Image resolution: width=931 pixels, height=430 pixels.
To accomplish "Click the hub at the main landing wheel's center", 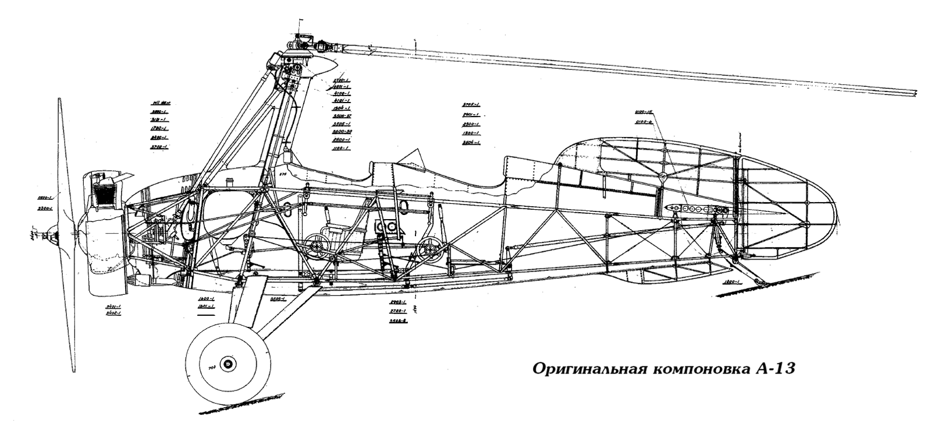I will [x=228, y=364].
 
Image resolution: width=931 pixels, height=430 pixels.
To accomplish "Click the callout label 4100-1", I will [x=341, y=93].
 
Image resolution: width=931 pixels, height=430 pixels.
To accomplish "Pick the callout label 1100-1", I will [x=340, y=149].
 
